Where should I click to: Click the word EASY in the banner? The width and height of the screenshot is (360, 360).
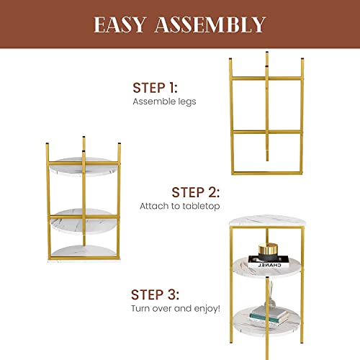tap(120, 24)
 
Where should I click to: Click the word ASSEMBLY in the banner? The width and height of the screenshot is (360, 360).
tap(210, 24)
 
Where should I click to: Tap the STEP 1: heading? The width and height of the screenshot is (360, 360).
tap(155, 88)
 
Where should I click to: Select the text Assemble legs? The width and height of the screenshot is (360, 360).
tap(164, 102)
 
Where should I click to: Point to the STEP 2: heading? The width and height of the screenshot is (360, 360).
tap(196, 192)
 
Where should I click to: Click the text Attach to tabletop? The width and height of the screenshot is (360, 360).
tap(180, 206)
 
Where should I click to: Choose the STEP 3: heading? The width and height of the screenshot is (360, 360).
tap(155, 294)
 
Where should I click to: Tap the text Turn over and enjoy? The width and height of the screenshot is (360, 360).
tap(176, 308)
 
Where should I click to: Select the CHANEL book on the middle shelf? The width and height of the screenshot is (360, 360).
tap(269, 262)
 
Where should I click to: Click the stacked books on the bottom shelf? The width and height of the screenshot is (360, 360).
tap(269, 315)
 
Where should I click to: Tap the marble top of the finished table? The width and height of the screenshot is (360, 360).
tap(268, 221)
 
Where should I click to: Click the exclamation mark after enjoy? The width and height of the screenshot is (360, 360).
tap(218, 307)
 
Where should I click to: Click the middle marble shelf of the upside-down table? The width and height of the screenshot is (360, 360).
tap(84, 222)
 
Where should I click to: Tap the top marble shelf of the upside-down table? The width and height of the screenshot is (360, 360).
tap(84, 166)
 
